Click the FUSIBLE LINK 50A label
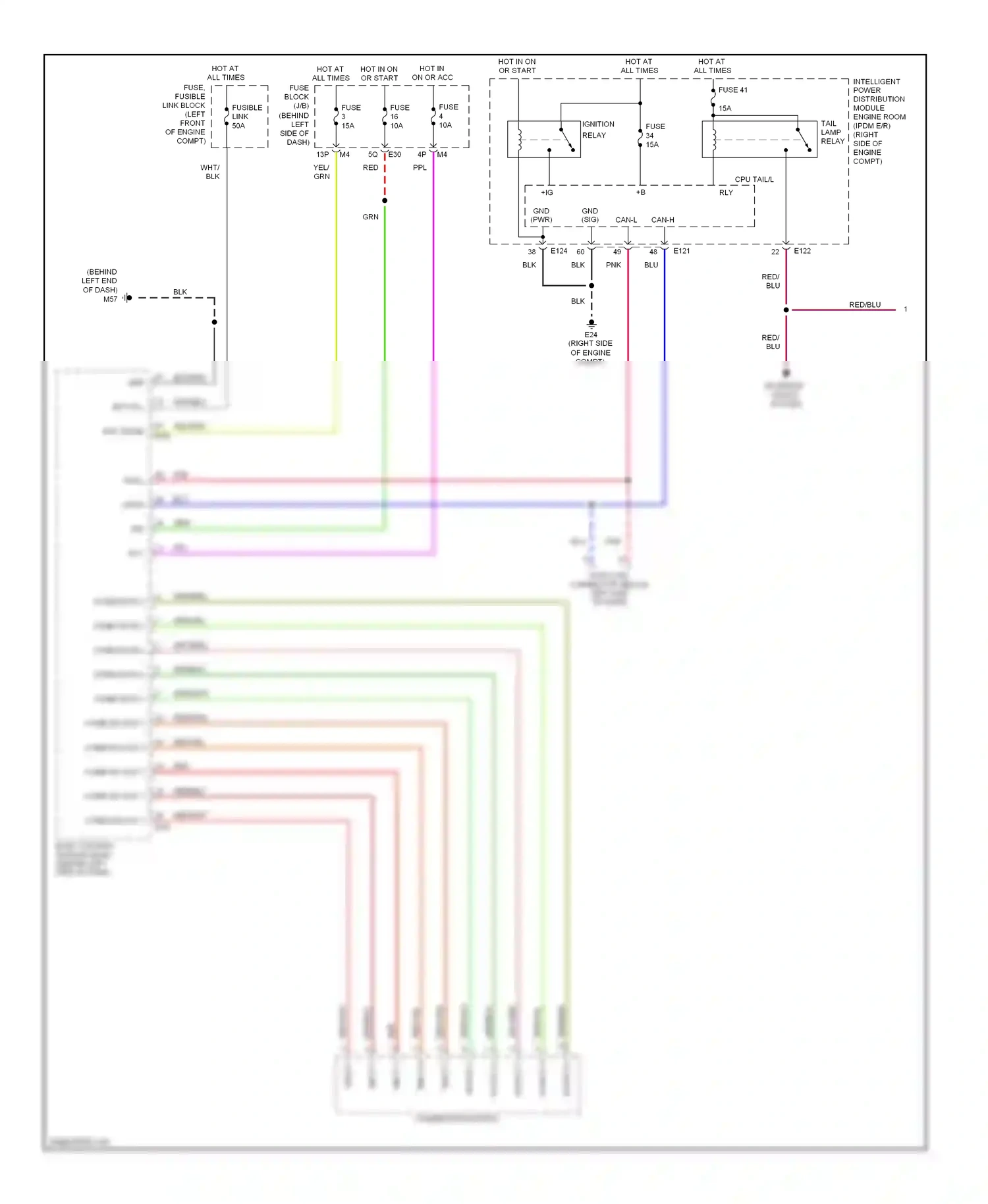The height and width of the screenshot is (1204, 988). coord(246,117)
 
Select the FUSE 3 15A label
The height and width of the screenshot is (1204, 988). coord(350,117)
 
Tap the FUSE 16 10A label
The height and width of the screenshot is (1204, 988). coord(398,117)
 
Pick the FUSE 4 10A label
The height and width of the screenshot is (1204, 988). coord(447,116)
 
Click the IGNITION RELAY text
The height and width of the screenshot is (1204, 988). coord(597,130)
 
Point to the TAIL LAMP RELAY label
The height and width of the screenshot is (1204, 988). coord(832,132)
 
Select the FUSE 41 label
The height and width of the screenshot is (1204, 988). coord(732,90)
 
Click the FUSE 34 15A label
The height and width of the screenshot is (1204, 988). coord(654,136)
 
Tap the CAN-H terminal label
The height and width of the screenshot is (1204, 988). coord(662,220)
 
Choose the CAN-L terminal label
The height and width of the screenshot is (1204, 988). coord(626,220)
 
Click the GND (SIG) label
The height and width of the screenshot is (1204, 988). coord(590,215)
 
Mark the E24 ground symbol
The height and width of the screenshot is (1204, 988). coord(591,324)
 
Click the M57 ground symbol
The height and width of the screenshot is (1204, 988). coord(127,298)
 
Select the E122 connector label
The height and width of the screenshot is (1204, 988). coord(802,251)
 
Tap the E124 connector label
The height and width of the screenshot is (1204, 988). coord(559,251)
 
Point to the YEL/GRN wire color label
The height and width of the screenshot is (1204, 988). coord(321,172)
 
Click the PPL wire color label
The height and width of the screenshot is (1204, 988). coord(420,168)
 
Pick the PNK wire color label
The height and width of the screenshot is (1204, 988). coord(613,265)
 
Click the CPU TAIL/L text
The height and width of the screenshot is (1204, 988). coord(754,179)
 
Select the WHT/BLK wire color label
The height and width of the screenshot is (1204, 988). coord(211,172)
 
